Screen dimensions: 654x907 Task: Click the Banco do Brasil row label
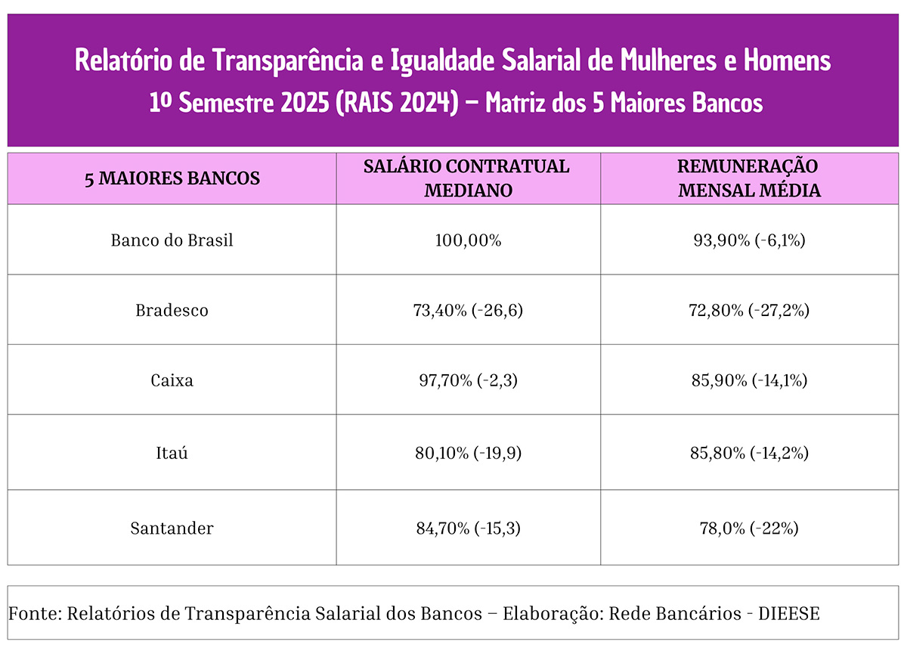tap(172, 240)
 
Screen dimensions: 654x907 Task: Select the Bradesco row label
tap(172, 310)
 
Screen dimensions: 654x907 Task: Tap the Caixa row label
tap(172, 380)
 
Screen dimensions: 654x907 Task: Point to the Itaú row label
tap(172, 453)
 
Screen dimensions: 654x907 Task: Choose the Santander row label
tap(172, 528)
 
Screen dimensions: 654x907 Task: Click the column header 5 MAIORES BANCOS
tap(172, 179)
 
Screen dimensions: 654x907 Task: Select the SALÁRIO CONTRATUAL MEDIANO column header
tap(468, 178)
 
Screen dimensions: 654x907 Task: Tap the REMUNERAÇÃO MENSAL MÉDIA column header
tap(749, 178)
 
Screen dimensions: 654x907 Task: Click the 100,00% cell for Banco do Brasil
tap(468, 240)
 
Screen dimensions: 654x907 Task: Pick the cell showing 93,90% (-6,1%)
tap(749, 240)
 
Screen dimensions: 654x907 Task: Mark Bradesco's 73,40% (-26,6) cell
tap(468, 310)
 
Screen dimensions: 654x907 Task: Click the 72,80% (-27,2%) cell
tap(749, 310)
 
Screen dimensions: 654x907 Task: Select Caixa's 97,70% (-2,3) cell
tap(468, 380)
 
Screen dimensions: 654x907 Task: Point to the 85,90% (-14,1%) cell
tap(749, 380)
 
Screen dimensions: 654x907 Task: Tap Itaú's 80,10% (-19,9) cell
tap(468, 453)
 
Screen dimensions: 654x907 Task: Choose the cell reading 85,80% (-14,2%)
tap(749, 453)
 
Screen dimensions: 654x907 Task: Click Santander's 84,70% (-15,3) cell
tap(468, 528)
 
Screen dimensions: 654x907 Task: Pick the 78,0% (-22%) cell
tap(749, 528)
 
